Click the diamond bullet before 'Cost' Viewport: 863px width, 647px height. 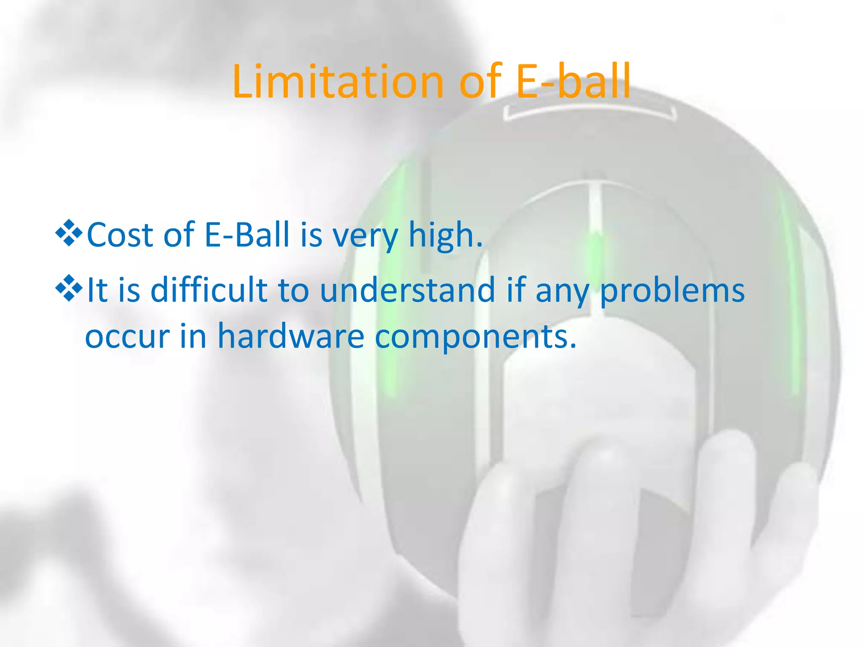(x=69, y=233)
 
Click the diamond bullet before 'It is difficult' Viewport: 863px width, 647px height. (x=69, y=288)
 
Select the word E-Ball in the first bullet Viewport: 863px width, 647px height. (x=247, y=235)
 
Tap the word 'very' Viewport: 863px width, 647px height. (x=366, y=237)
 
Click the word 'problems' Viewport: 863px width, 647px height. (x=672, y=291)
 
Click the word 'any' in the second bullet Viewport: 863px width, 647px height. (x=562, y=292)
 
